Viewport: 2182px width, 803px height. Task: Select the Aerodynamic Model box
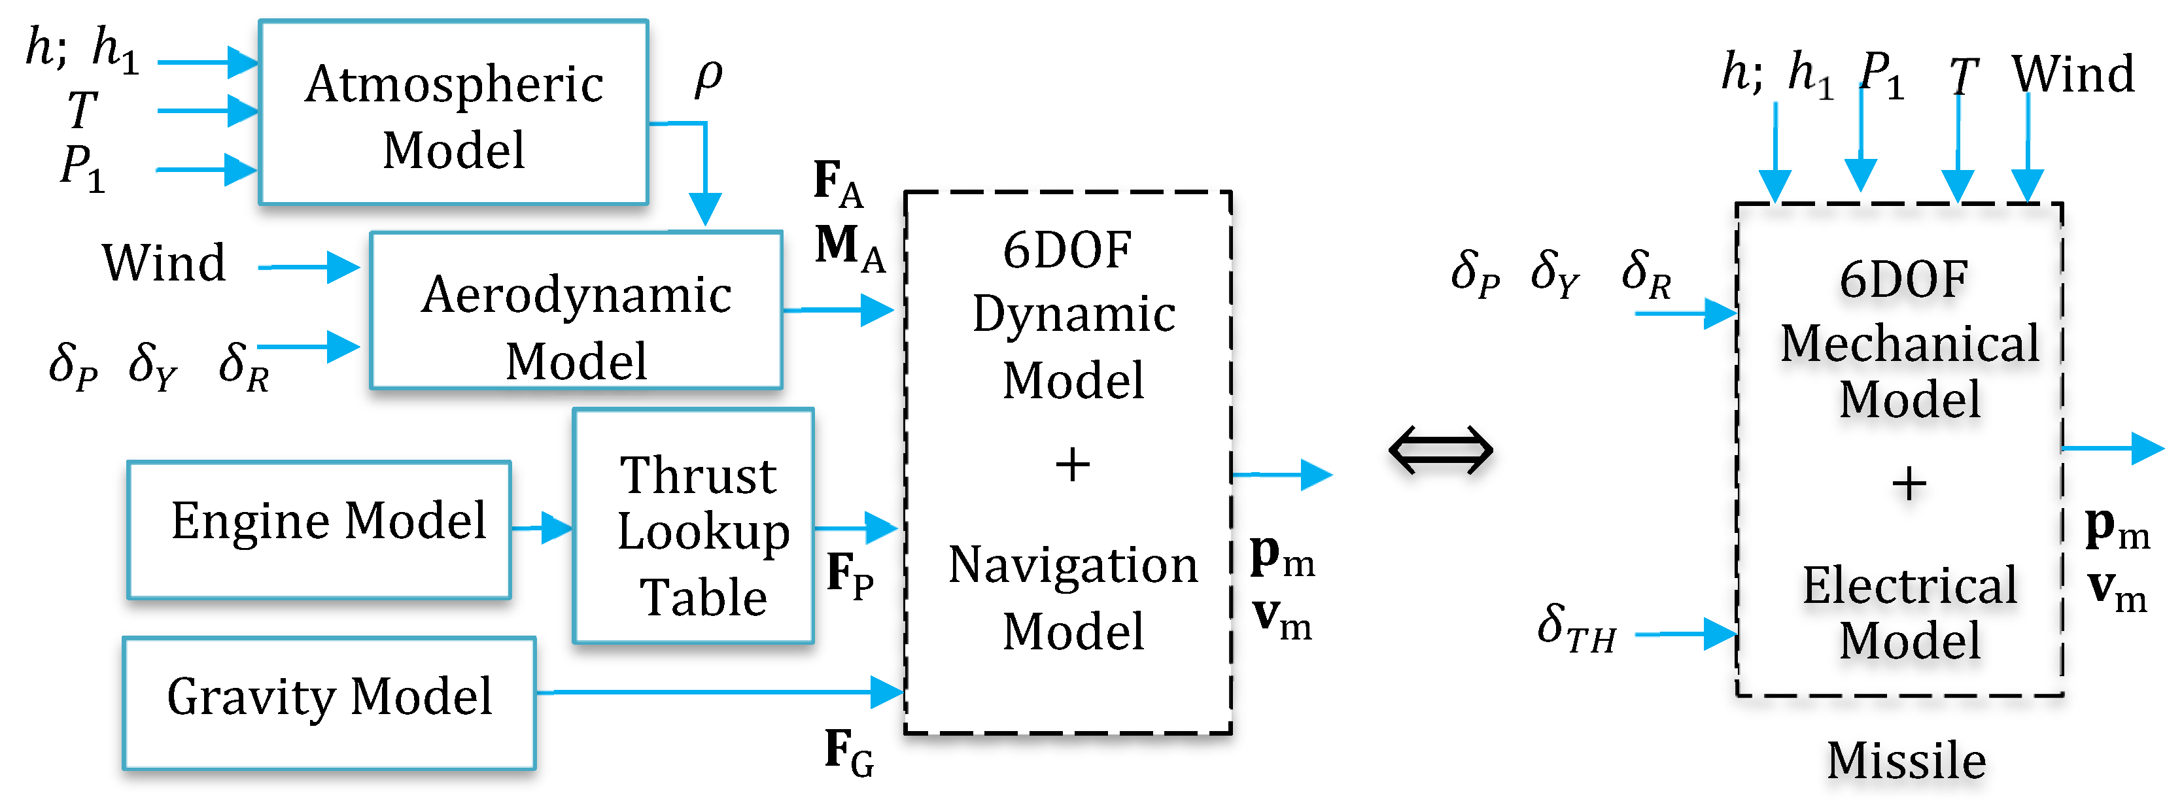pyautogui.click(x=576, y=311)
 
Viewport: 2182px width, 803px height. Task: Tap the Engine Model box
pyautogui.click(x=319, y=530)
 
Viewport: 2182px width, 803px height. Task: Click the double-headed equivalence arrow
pyautogui.click(x=1440, y=450)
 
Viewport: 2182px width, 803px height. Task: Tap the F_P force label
pyautogui.click(x=849, y=575)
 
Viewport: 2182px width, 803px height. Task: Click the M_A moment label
pyautogui.click(x=849, y=248)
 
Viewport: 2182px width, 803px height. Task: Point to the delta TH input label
pyautogui.click(x=1576, y=628)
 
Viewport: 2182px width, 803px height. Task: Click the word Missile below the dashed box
pyautogui.click(x=1906, y=760)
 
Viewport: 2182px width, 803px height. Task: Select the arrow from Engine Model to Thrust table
pyautogui.click(x=542, y=528)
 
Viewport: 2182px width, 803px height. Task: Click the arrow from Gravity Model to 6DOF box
pyautogui.click(x=720, y=692)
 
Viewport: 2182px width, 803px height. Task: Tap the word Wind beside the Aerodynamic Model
pyautogui.click(x=164, y=263)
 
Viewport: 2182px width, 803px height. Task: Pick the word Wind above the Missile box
pyautogui.click(x=2073, y=75)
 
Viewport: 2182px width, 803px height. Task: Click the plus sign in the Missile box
pyautogui.click(x=1909, y=485)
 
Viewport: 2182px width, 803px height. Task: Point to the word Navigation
pyautogui.click(x=1073, y=565)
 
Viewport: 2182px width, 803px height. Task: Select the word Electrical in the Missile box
pyautogui.click(x=1909, y=585)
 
